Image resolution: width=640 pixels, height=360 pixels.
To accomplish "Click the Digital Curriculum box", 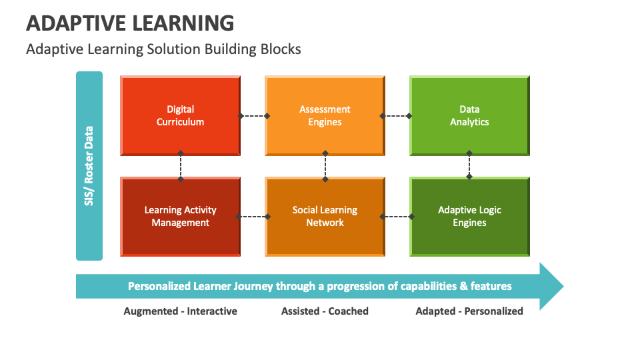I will [180, 115].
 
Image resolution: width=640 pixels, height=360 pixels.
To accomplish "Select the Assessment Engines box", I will [325, 115].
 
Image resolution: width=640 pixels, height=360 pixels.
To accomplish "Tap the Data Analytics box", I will [469, 115].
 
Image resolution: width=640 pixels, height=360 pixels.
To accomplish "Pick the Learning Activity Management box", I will [180, 216].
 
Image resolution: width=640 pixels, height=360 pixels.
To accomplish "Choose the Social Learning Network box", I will [325, 216].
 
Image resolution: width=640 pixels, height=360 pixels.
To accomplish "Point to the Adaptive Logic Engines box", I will [469, 216].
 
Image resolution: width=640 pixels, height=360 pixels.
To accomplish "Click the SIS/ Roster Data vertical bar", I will [89, 165].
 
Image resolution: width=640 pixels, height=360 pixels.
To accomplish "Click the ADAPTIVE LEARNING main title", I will [130, 23].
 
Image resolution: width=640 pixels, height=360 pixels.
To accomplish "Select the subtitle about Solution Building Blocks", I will [163, 49].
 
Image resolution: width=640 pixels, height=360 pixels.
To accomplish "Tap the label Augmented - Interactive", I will [180, 311].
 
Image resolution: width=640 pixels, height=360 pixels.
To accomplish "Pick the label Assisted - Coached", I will [325, 311].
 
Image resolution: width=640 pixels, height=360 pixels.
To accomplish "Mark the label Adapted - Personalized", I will [469, 311].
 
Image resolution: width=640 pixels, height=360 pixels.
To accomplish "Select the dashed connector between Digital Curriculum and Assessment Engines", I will [253, 116].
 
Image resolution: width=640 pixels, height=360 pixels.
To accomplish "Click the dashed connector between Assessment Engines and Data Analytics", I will [396, 116].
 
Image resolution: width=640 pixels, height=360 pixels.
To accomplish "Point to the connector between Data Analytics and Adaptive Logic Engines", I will [469, 165].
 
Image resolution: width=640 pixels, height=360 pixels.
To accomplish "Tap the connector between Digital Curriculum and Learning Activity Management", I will [180, 166].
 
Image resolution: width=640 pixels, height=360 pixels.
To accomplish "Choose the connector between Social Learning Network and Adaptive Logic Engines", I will [396, 216].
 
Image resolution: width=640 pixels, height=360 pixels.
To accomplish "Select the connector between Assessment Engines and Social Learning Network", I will [325, 166].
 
